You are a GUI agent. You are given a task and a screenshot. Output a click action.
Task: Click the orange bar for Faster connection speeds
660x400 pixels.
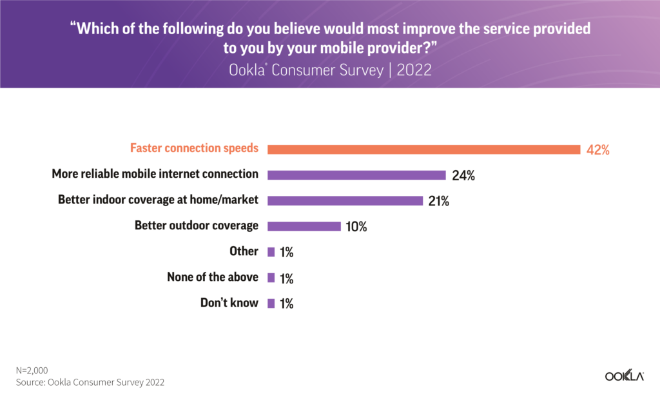coord(423,149)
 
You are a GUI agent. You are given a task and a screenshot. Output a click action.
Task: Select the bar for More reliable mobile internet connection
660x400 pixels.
coord(356,175)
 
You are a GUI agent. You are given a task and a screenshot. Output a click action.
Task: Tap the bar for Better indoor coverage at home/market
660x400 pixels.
coord(345,200)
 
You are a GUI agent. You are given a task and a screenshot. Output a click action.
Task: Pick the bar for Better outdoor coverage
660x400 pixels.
coord(304,226)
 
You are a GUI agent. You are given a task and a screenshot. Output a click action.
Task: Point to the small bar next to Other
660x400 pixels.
coord(271,252)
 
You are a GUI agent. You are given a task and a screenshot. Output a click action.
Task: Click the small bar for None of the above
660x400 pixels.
coord(271,278)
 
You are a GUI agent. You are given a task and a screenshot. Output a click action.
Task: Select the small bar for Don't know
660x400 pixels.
coord(271,303)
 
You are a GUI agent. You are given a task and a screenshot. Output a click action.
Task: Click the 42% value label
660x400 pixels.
coord(597,150)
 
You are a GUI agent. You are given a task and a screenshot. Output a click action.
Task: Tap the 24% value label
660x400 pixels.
coord(463,175)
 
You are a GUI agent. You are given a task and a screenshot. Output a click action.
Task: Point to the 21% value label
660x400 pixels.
coord(438,201)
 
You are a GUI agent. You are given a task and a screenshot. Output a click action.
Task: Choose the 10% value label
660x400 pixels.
coord(356,227)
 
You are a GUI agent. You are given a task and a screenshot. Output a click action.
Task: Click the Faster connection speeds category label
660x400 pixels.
coord(194,148)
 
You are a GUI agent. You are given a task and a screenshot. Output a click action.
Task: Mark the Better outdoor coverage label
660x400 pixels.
coord(197,225)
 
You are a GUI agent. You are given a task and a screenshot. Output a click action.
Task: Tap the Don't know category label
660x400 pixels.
coord(229,303)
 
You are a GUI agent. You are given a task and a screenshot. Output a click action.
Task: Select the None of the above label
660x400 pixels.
coord(213,277)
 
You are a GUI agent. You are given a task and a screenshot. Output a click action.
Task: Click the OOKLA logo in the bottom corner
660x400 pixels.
coord(624,376)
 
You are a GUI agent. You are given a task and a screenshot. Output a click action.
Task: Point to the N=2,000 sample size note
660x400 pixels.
coord(32,370)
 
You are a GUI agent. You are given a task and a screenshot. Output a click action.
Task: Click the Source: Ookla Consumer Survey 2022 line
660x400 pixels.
coord(90,382)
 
